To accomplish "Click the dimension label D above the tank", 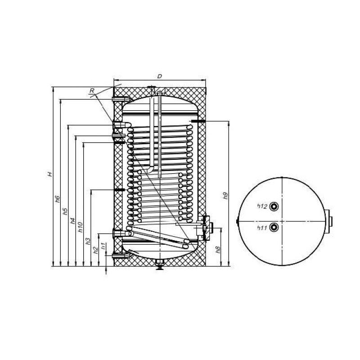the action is click(x=160, y=76).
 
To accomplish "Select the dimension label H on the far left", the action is click(x=50, y=174).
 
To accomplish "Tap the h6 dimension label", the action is click(x=58, y=199).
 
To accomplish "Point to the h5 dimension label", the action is click(x=65, y=211).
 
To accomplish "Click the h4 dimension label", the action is click(x=73, y=220).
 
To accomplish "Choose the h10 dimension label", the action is click(x=81, y=227).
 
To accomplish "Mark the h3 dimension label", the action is click(x=88, y=241).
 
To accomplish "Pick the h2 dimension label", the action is click(x=96, y=250).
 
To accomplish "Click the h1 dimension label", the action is click(x=103, y=246).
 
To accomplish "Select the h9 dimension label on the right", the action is click(x=226, y=195).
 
